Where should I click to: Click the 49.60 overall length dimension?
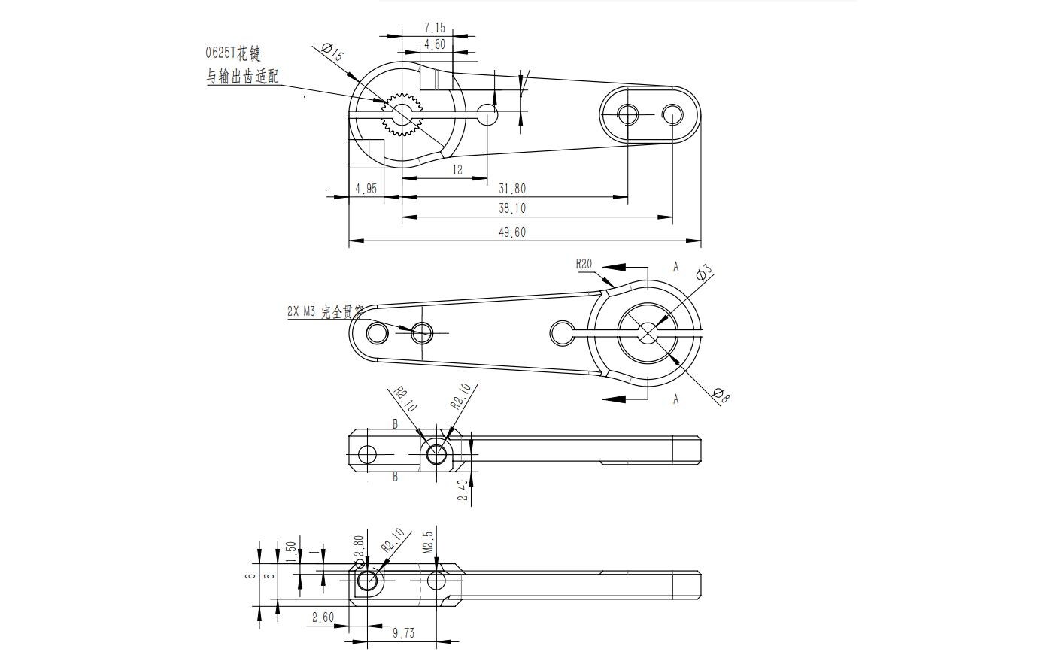pos(512,232)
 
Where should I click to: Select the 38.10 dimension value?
pos(512,208)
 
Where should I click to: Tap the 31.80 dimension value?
pos(512,189)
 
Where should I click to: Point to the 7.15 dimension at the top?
pos(435,29)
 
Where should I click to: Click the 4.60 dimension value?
pos(435,44)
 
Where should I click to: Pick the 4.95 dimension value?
pos(366,189)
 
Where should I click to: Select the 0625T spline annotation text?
pos(234,53)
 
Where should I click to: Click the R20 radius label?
pos(584,264)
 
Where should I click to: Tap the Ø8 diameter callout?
pos(720,396)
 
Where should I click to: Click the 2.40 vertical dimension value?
pos(463,491)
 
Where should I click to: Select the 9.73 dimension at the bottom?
pos(403,633)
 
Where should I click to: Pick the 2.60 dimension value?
pos(323,617)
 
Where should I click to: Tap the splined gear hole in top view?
pos(403,114)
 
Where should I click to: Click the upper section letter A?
pos(675,267)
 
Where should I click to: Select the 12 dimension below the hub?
pos(457,170)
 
